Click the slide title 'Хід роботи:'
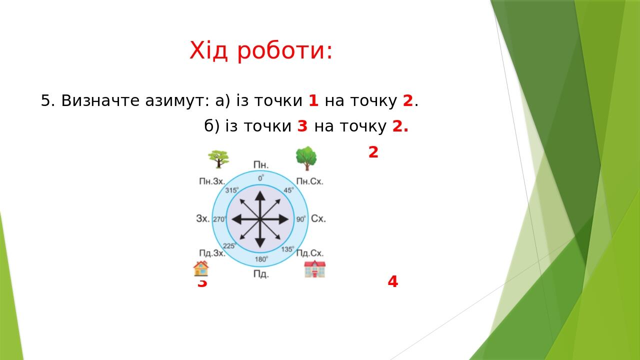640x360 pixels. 260,50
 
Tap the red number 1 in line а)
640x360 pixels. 313,101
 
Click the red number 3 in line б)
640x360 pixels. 302,126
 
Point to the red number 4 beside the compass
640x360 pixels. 392,282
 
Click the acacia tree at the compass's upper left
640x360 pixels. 218,159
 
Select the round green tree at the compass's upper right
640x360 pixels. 306,158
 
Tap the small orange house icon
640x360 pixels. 201,268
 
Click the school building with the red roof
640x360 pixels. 314,269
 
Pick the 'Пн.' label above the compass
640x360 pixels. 261,165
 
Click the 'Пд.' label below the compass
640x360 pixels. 261,274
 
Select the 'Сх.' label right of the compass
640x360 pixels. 318,218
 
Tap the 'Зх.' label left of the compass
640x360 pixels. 203,218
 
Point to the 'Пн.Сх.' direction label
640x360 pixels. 309,181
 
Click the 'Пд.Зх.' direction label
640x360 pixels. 212,253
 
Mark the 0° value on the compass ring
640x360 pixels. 261,177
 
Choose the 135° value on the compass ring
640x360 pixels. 287,249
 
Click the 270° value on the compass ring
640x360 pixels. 219,219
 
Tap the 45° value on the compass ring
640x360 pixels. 289,190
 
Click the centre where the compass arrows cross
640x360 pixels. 260,219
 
